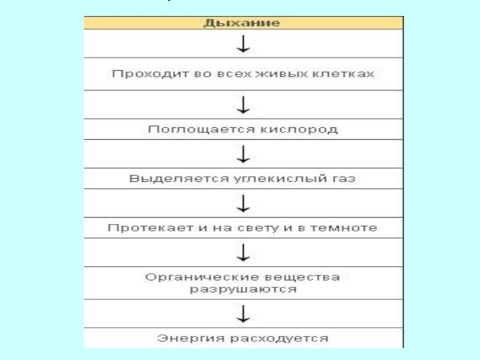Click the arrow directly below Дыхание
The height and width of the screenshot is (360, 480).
tap(243, 44)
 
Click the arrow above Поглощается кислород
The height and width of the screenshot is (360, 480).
tap(243, 105)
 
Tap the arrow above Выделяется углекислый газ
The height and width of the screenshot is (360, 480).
tap(243, 154)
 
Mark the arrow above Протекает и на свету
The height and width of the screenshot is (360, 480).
tap(243, 203)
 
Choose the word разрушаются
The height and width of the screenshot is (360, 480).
tap(243, 289)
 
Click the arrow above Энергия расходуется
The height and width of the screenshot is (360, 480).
tap(243, 314)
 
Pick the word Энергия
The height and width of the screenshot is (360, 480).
tap(184, 338)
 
